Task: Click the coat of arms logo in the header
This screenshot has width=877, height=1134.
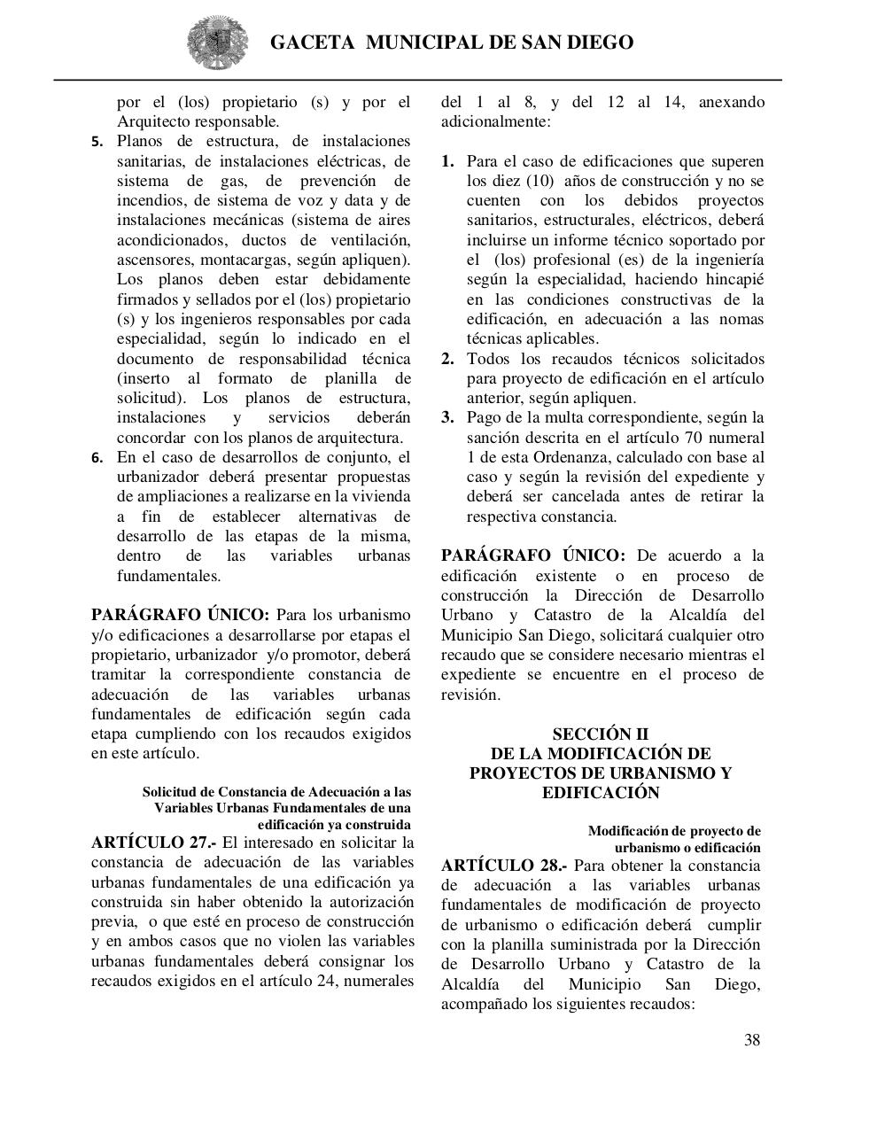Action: coord(212,42)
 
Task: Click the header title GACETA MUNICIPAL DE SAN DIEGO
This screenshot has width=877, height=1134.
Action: coord(451,42)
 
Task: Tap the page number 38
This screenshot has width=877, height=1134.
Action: coord(751,1040)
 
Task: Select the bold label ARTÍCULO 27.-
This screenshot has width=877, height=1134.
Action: coord(154,843)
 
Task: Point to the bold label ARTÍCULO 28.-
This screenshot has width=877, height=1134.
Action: coord(504,866)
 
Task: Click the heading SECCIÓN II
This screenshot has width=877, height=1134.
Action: coord(600,734)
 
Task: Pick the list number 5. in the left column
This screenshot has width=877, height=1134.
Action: coord(97,142)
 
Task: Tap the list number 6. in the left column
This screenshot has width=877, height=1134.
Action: coord(97,458)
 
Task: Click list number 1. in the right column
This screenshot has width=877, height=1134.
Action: coord(448,161)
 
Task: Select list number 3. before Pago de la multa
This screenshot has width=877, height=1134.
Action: coord(448,418)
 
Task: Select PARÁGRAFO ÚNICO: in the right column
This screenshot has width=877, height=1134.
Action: coord(532,555)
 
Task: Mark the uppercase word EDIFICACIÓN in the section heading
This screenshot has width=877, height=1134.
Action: coord(600,793)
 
